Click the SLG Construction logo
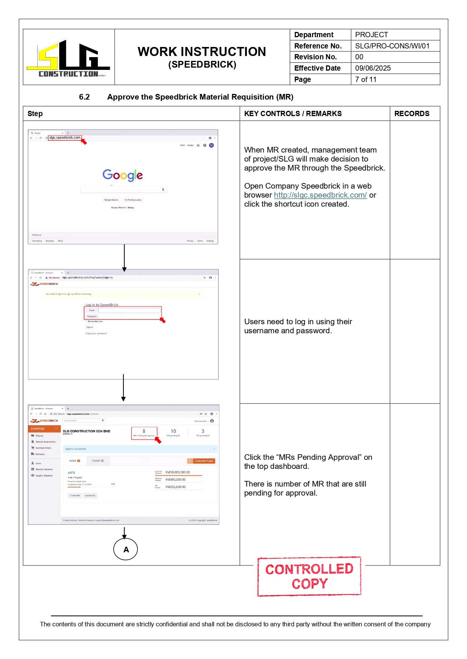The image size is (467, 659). click(68, 58)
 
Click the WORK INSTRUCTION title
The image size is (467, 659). click(202, 52)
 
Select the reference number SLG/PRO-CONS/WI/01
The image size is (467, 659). click(392, 46)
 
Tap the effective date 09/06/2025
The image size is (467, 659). click(373, 68)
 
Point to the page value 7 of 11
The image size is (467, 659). click(366, 79)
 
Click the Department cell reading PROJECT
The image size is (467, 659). click(371, 35)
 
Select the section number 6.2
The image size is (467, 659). click(84, 97)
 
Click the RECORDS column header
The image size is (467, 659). click(412, 113)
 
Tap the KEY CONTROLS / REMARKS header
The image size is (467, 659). click(293, 113)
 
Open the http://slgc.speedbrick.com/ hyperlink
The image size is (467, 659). click(320, 195)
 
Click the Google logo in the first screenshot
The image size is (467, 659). click(123, 175)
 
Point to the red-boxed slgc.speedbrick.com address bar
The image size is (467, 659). click(65, 138)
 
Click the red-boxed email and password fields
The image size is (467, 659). click(123, 313)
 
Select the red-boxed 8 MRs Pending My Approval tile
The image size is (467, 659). click(144, 432)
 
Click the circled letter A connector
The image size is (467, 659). click(126, 549)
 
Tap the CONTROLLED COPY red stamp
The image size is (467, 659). click(309, 576)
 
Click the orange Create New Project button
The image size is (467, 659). click(201, 461)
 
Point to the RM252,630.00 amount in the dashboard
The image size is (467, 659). click(175, 487)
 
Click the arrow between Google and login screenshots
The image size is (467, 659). click(124, 257)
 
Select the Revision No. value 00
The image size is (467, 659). click(359, 57)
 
